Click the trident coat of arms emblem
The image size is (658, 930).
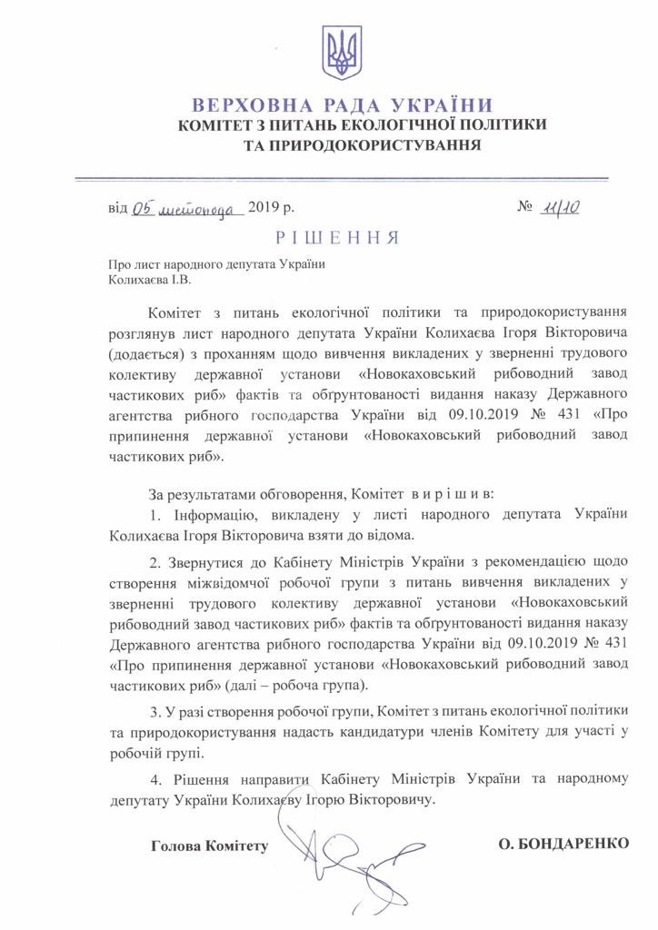(x=343, y=53)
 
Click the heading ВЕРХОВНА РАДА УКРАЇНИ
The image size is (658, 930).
(x=343, y=104)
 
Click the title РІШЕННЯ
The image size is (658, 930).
(x=336, y=238)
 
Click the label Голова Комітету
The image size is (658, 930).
(x=210, y=846)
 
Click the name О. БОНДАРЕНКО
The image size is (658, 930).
(x=563, y=844)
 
